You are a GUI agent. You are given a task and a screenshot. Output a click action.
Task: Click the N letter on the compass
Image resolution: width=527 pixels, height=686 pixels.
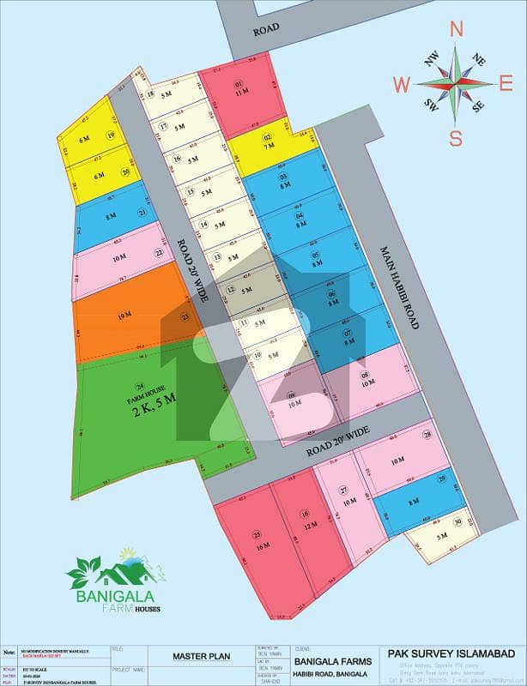[x=457, y=29]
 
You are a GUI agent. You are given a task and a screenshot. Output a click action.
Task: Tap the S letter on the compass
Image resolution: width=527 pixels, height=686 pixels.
[x=457, y=138]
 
